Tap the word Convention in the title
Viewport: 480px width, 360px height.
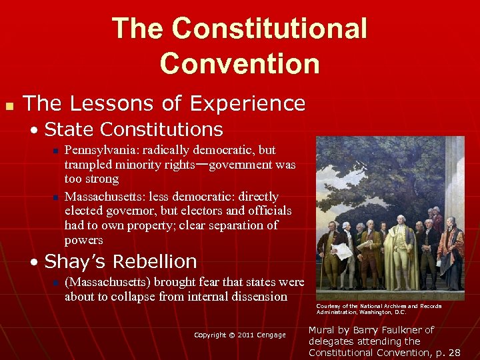pos(239,63)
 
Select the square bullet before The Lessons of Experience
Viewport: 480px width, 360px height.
pos(9,105)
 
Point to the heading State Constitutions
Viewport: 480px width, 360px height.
pos(133,129)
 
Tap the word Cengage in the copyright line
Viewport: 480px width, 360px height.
pos(271,335)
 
